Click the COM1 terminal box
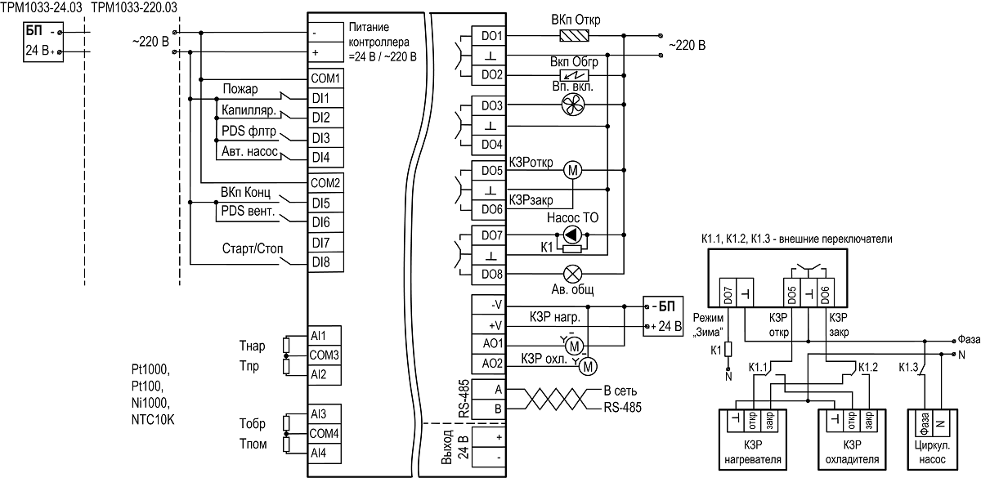coord(325,78)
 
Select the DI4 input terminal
coord(325,158)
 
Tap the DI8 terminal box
coord(325,262)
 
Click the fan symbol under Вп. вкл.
coord(573,105)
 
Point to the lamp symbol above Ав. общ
coord(572,275)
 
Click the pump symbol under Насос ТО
coord(572,235)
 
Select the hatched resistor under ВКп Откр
coord(574,35)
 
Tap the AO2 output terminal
coord(489,364)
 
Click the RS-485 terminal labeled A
coord(489,389)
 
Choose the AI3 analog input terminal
coord(324,413)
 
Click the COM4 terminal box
coord(324,433)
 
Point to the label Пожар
coord(240,89)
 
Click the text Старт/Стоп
coord(253,248)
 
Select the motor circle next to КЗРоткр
coord(573,170)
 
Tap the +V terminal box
coord(489,325)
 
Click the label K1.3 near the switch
coord(908,367)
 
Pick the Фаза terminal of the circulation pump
coord(925,423)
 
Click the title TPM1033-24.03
coord(41,7)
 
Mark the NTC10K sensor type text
coord(153,420)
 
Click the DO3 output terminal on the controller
coord(489,105)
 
